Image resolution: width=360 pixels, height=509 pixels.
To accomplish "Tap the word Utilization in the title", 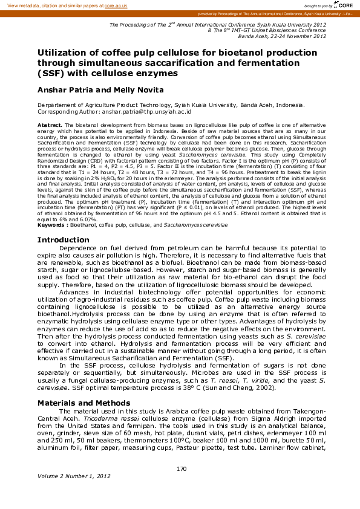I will pos(68,53).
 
